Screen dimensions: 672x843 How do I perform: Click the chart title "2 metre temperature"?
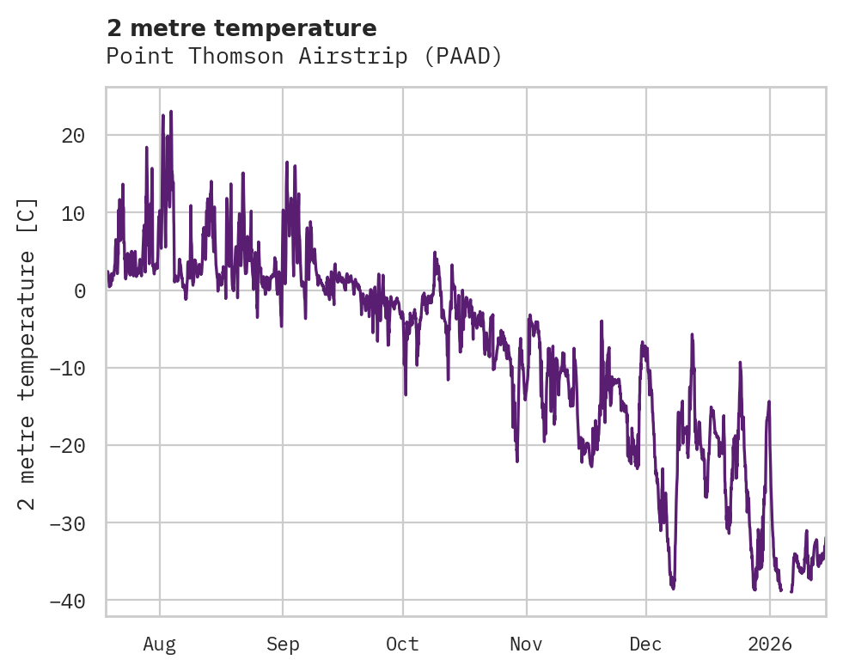(241, 28)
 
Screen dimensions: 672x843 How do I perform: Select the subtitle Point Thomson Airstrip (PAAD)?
(303, 56)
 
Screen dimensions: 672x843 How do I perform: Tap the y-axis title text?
(27, 353)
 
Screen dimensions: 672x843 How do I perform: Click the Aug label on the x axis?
(160, 644)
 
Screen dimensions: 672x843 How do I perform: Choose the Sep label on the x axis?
(283, 644)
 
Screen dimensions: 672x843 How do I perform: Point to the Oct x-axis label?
(402, 644)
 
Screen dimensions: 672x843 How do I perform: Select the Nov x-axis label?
(526, 644)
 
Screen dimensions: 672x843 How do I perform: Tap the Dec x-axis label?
(645, 644)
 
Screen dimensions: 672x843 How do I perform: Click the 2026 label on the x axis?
(769, 644)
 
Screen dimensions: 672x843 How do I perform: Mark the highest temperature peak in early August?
(171, 112)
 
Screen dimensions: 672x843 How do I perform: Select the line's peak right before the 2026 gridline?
(769, 401)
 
